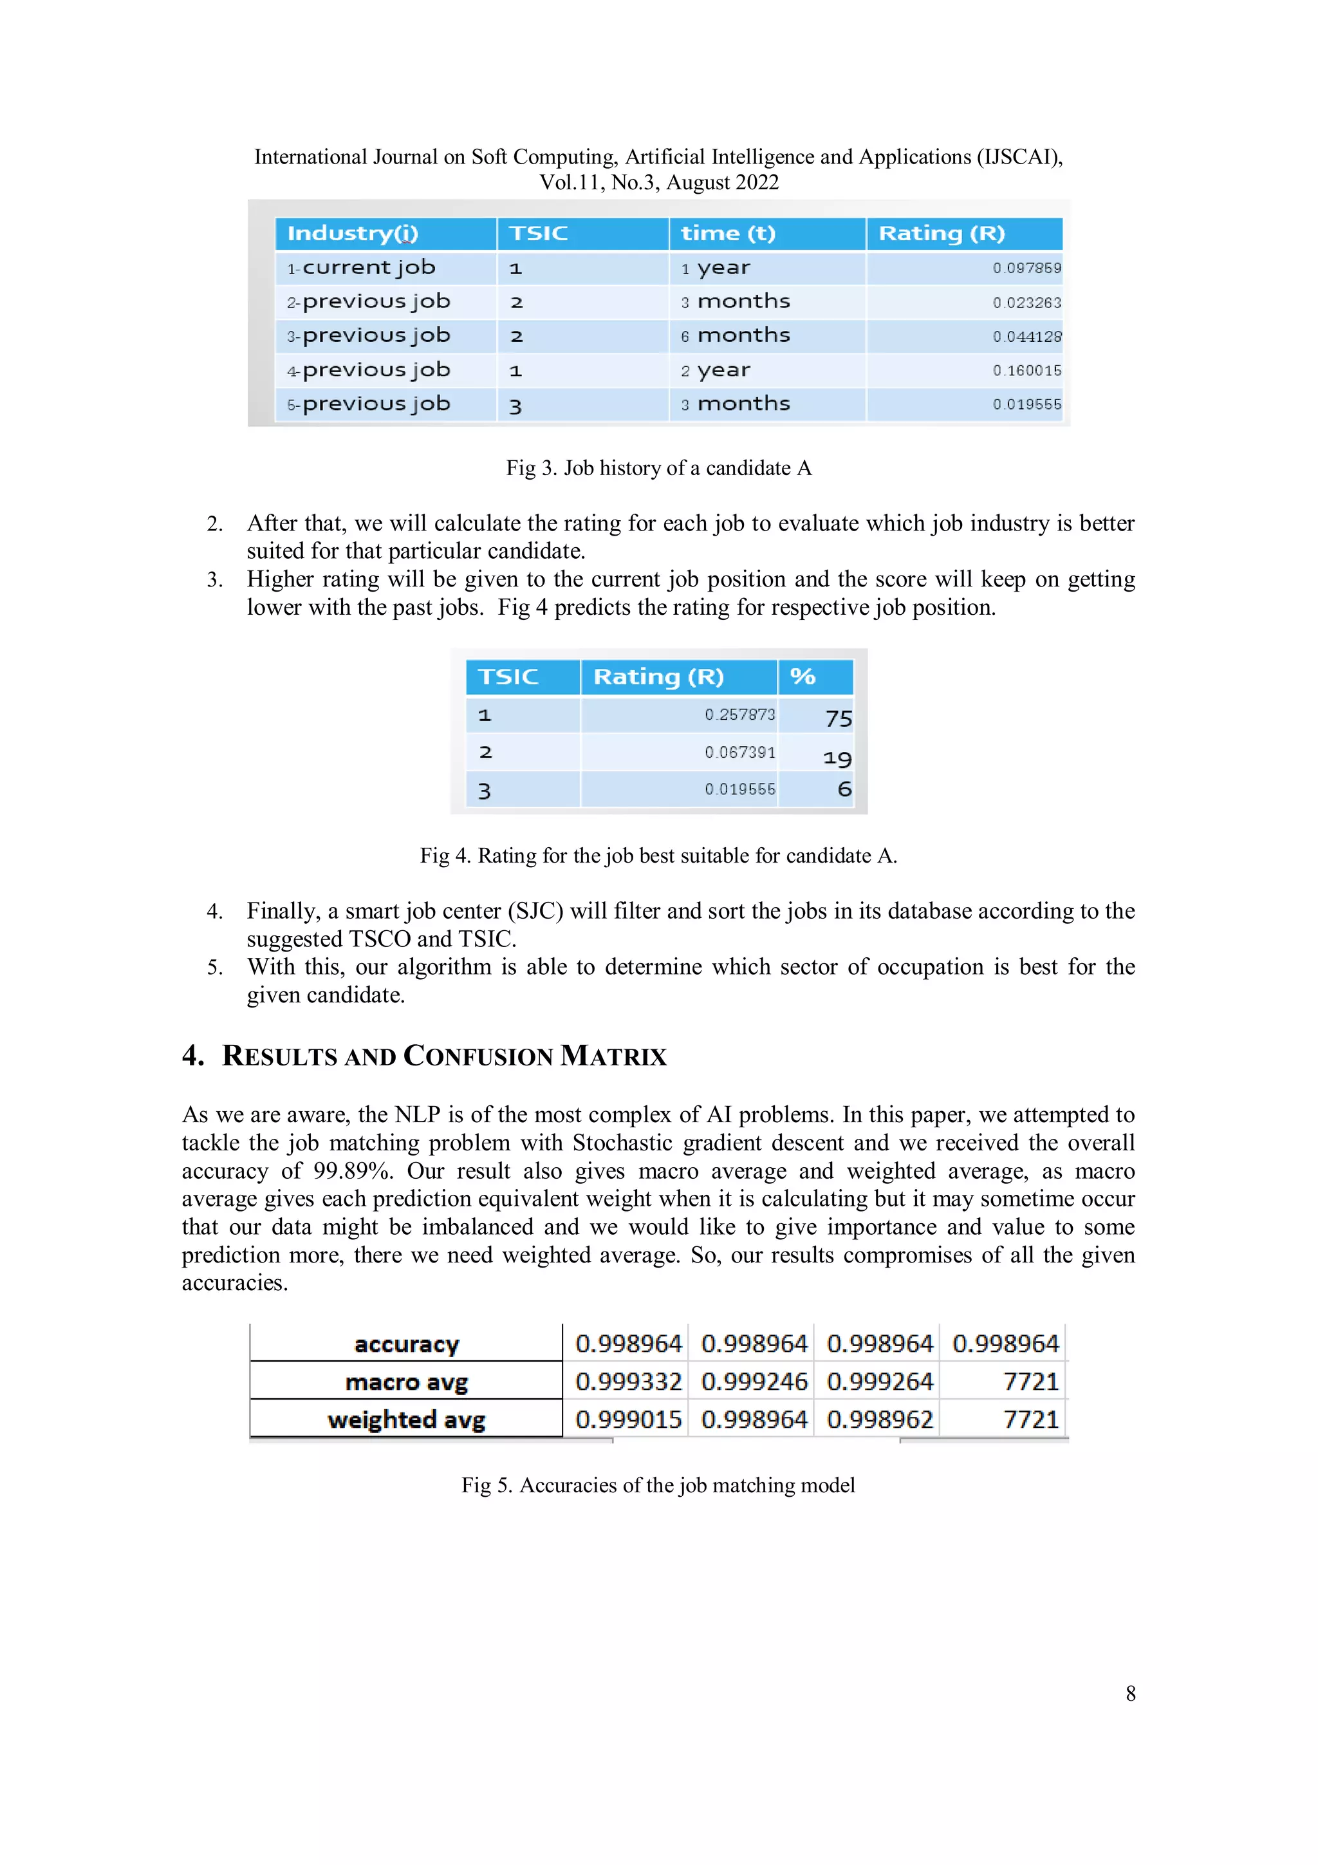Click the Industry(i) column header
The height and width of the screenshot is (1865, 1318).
click(x=353, y=234)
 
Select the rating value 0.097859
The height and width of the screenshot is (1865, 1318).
click(x=1026, y=268)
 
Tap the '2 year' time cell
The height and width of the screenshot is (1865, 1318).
click(x=716, y=370)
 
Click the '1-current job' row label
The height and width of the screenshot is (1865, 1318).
click(x=362, y=268)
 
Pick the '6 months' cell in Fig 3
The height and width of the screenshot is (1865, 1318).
click(x=735, y=335)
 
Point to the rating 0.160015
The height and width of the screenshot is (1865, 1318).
click(x=1026, y=370)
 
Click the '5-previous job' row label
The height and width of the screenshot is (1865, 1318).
click(x=369, y=404)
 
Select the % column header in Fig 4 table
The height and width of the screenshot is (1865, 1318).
click(x=803, y=677)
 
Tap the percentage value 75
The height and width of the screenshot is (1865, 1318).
click(x=838, y=718)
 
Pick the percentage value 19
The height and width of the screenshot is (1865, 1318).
click(x=837, y=758)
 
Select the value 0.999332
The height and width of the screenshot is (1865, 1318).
click(x=627, y=1382)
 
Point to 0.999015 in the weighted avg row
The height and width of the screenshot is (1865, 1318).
click(x=627, y=1420)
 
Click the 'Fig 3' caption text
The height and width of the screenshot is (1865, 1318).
click(x=658, y=468)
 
